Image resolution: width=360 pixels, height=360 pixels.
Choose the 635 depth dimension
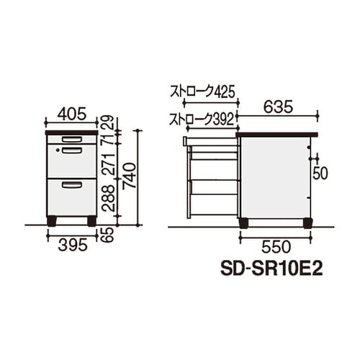tap(277, 106)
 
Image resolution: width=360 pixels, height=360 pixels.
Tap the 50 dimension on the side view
tap(320, 173)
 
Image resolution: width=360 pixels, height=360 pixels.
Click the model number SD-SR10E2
tap(270, 267)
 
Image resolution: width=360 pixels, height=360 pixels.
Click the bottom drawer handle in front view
tap(71, 185)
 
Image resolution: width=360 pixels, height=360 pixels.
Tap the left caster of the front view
tap(52, 220)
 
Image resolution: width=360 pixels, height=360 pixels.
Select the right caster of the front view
tap(91, 220)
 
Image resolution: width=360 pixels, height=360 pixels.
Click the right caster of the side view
tap(308, 222)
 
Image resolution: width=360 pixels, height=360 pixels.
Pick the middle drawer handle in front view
tap(71, 150)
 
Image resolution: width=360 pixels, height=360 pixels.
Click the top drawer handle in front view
tap(71, 139)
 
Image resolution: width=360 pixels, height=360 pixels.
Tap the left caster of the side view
tap(243, 222)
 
